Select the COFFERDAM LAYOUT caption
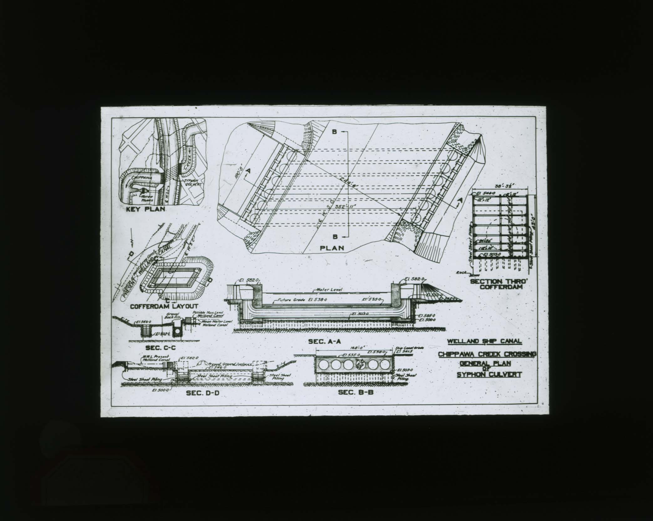tap(164, 307)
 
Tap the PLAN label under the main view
tap(332, 248)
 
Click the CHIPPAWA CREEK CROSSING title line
tap(487, 354)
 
